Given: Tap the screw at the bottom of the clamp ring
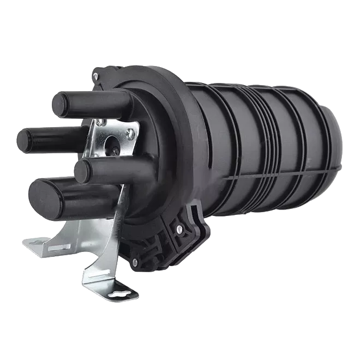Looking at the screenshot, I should pyautogui.click(x=135, y=262).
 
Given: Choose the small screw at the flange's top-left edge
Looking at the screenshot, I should pyautogui.click(x=99, y=80).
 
